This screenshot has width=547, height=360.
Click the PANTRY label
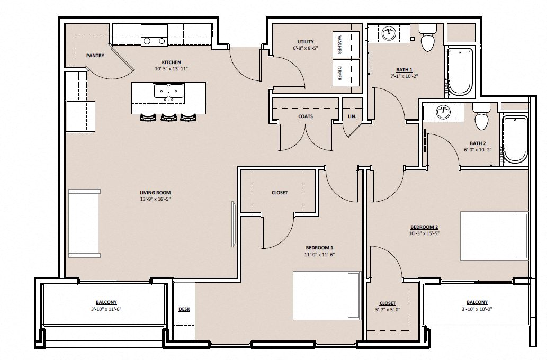tap(95, 56)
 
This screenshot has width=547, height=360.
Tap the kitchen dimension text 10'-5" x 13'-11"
tap(172, 69)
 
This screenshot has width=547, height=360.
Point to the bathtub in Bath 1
tap(459, 71)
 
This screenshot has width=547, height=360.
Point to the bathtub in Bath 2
tap(515, 139)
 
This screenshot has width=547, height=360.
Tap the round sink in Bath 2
tap(443, 112)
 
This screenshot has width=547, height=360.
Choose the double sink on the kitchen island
tap(168, 92)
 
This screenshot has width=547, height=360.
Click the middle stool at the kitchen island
tap(168, 118)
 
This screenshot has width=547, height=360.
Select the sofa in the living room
tap(84, 222)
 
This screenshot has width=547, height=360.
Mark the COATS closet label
tap(305, 116)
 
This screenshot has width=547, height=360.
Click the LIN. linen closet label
tap(352, 116)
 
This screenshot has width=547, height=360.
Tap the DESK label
tap(184, 309)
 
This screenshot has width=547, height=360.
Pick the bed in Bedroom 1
tap(327, 295)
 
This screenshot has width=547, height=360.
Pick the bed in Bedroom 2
tap(494, 236)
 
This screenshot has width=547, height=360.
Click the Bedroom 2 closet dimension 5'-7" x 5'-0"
tap(388, 310)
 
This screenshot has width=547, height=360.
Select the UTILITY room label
tap(306, 42)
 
